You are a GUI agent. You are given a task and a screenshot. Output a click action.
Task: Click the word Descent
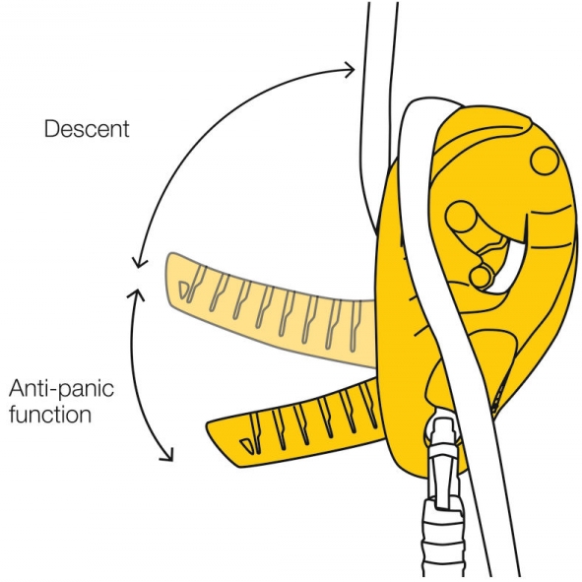(87, 129)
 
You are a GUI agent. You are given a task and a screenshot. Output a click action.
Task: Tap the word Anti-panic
(61, 389)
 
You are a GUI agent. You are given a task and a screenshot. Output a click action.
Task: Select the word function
(50, 414)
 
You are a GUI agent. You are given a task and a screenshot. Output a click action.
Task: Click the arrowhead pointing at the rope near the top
(350, 69)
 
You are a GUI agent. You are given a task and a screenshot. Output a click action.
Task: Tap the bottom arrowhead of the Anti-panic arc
(167, 455)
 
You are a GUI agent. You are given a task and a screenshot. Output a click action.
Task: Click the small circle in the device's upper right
(545, 161)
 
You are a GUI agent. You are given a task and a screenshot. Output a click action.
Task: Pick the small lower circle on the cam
(481, 276)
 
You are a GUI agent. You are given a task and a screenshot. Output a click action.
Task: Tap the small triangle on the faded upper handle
(184, 290)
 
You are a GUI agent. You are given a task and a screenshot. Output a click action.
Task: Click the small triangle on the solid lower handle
(246, 444)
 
